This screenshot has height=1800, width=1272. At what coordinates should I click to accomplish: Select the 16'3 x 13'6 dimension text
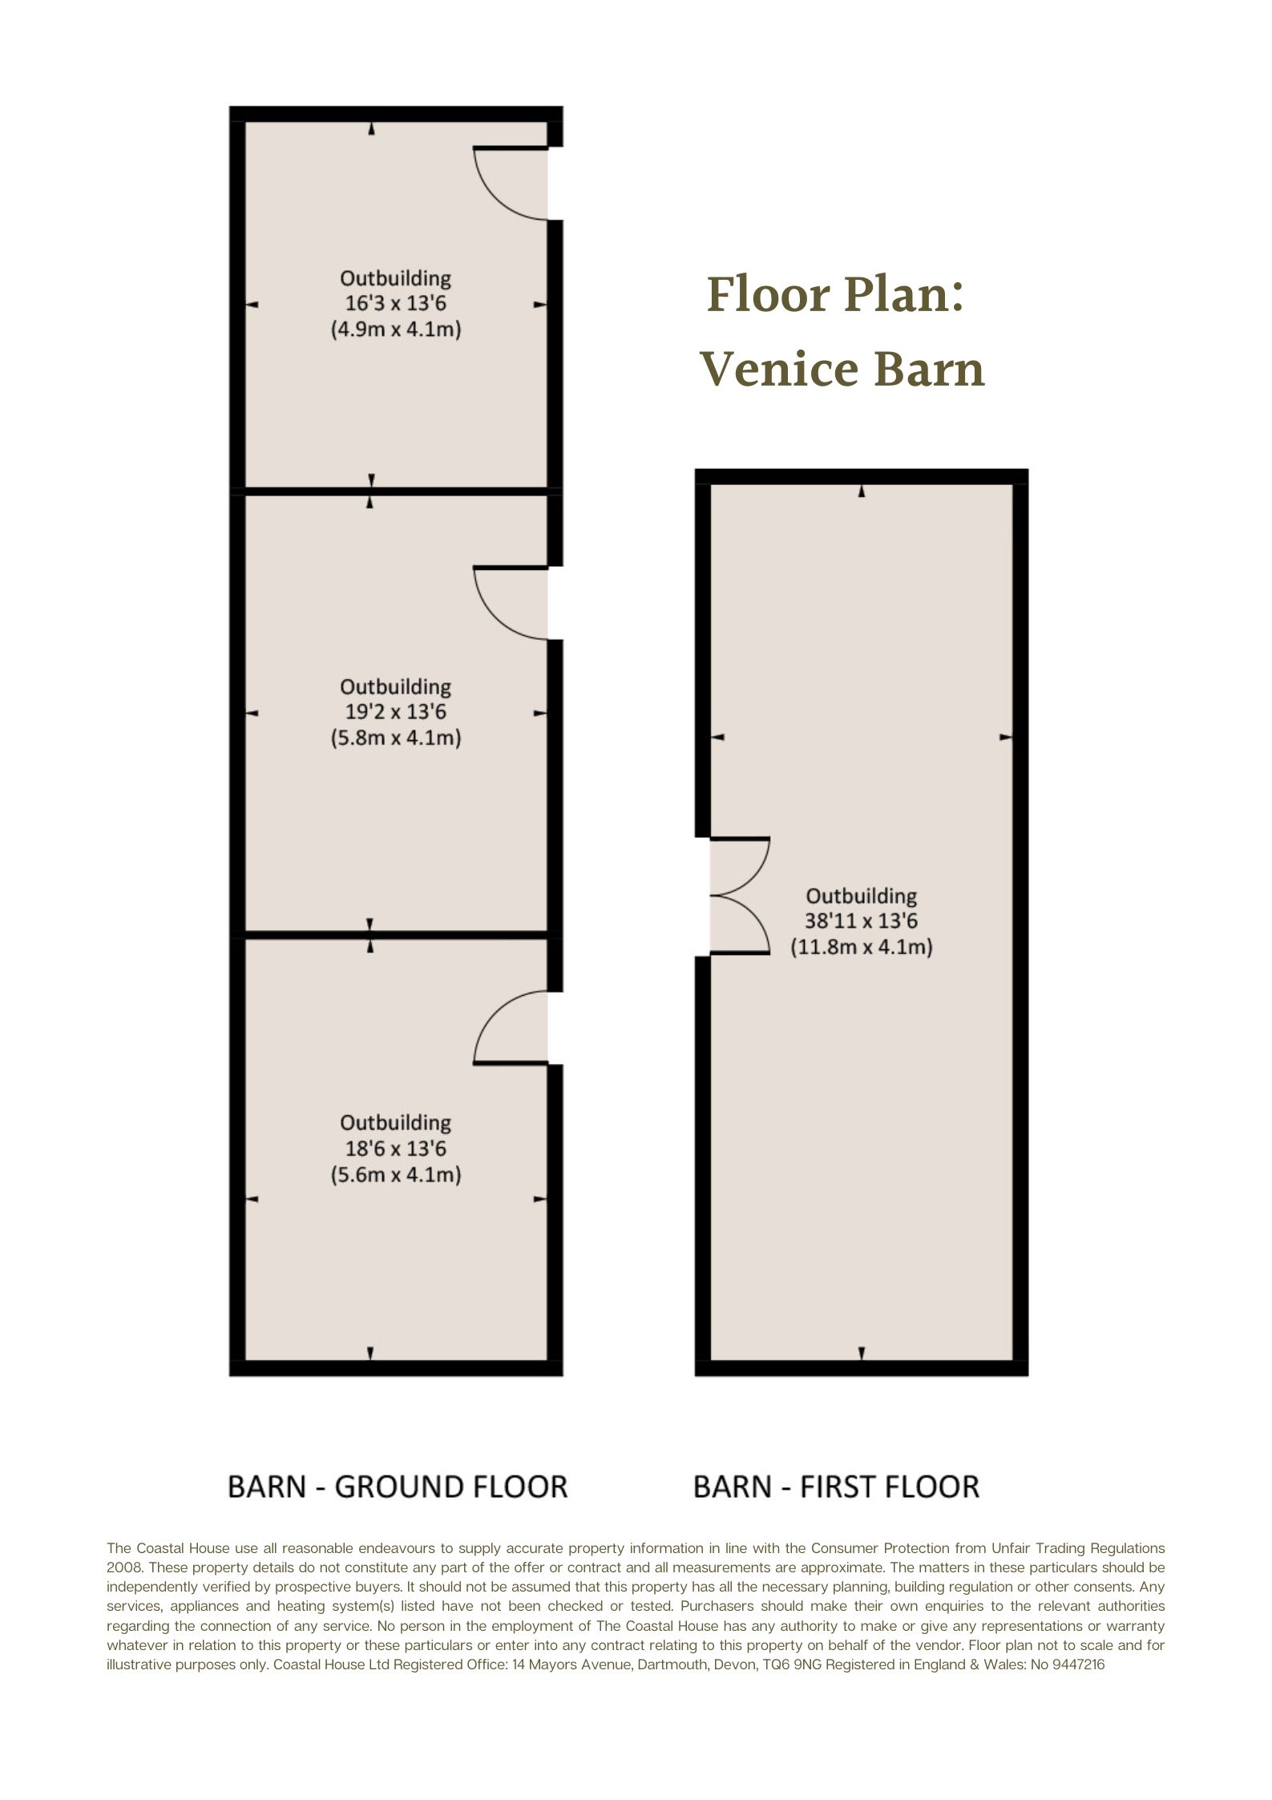(x=396, y=304)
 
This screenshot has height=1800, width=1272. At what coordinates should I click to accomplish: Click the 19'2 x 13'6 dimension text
(x=396, y=712)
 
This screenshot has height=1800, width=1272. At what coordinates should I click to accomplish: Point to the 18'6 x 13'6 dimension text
(x=396, y=1149)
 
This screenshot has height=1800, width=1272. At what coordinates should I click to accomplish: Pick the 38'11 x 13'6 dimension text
(x=862, y=921)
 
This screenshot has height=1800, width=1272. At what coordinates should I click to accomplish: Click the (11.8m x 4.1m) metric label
(x=862, y=947)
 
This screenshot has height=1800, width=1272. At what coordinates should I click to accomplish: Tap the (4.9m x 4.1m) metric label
(x=396, y=330)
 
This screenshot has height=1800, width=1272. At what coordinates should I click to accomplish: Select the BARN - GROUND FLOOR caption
(x=398, y=1487)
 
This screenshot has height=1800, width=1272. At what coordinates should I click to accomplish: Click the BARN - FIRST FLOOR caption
(x=836, y=1487)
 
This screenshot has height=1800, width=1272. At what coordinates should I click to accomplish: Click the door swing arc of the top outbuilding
(x=497, y=200)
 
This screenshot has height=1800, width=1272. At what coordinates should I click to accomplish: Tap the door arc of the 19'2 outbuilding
(x=497, y=621)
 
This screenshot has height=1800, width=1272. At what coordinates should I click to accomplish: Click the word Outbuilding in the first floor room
(x=862, y=896)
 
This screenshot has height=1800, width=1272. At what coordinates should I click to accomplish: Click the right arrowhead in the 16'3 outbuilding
(x=540, y=305)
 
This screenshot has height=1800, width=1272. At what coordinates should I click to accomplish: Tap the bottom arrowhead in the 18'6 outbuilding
(x=370, y=1353)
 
